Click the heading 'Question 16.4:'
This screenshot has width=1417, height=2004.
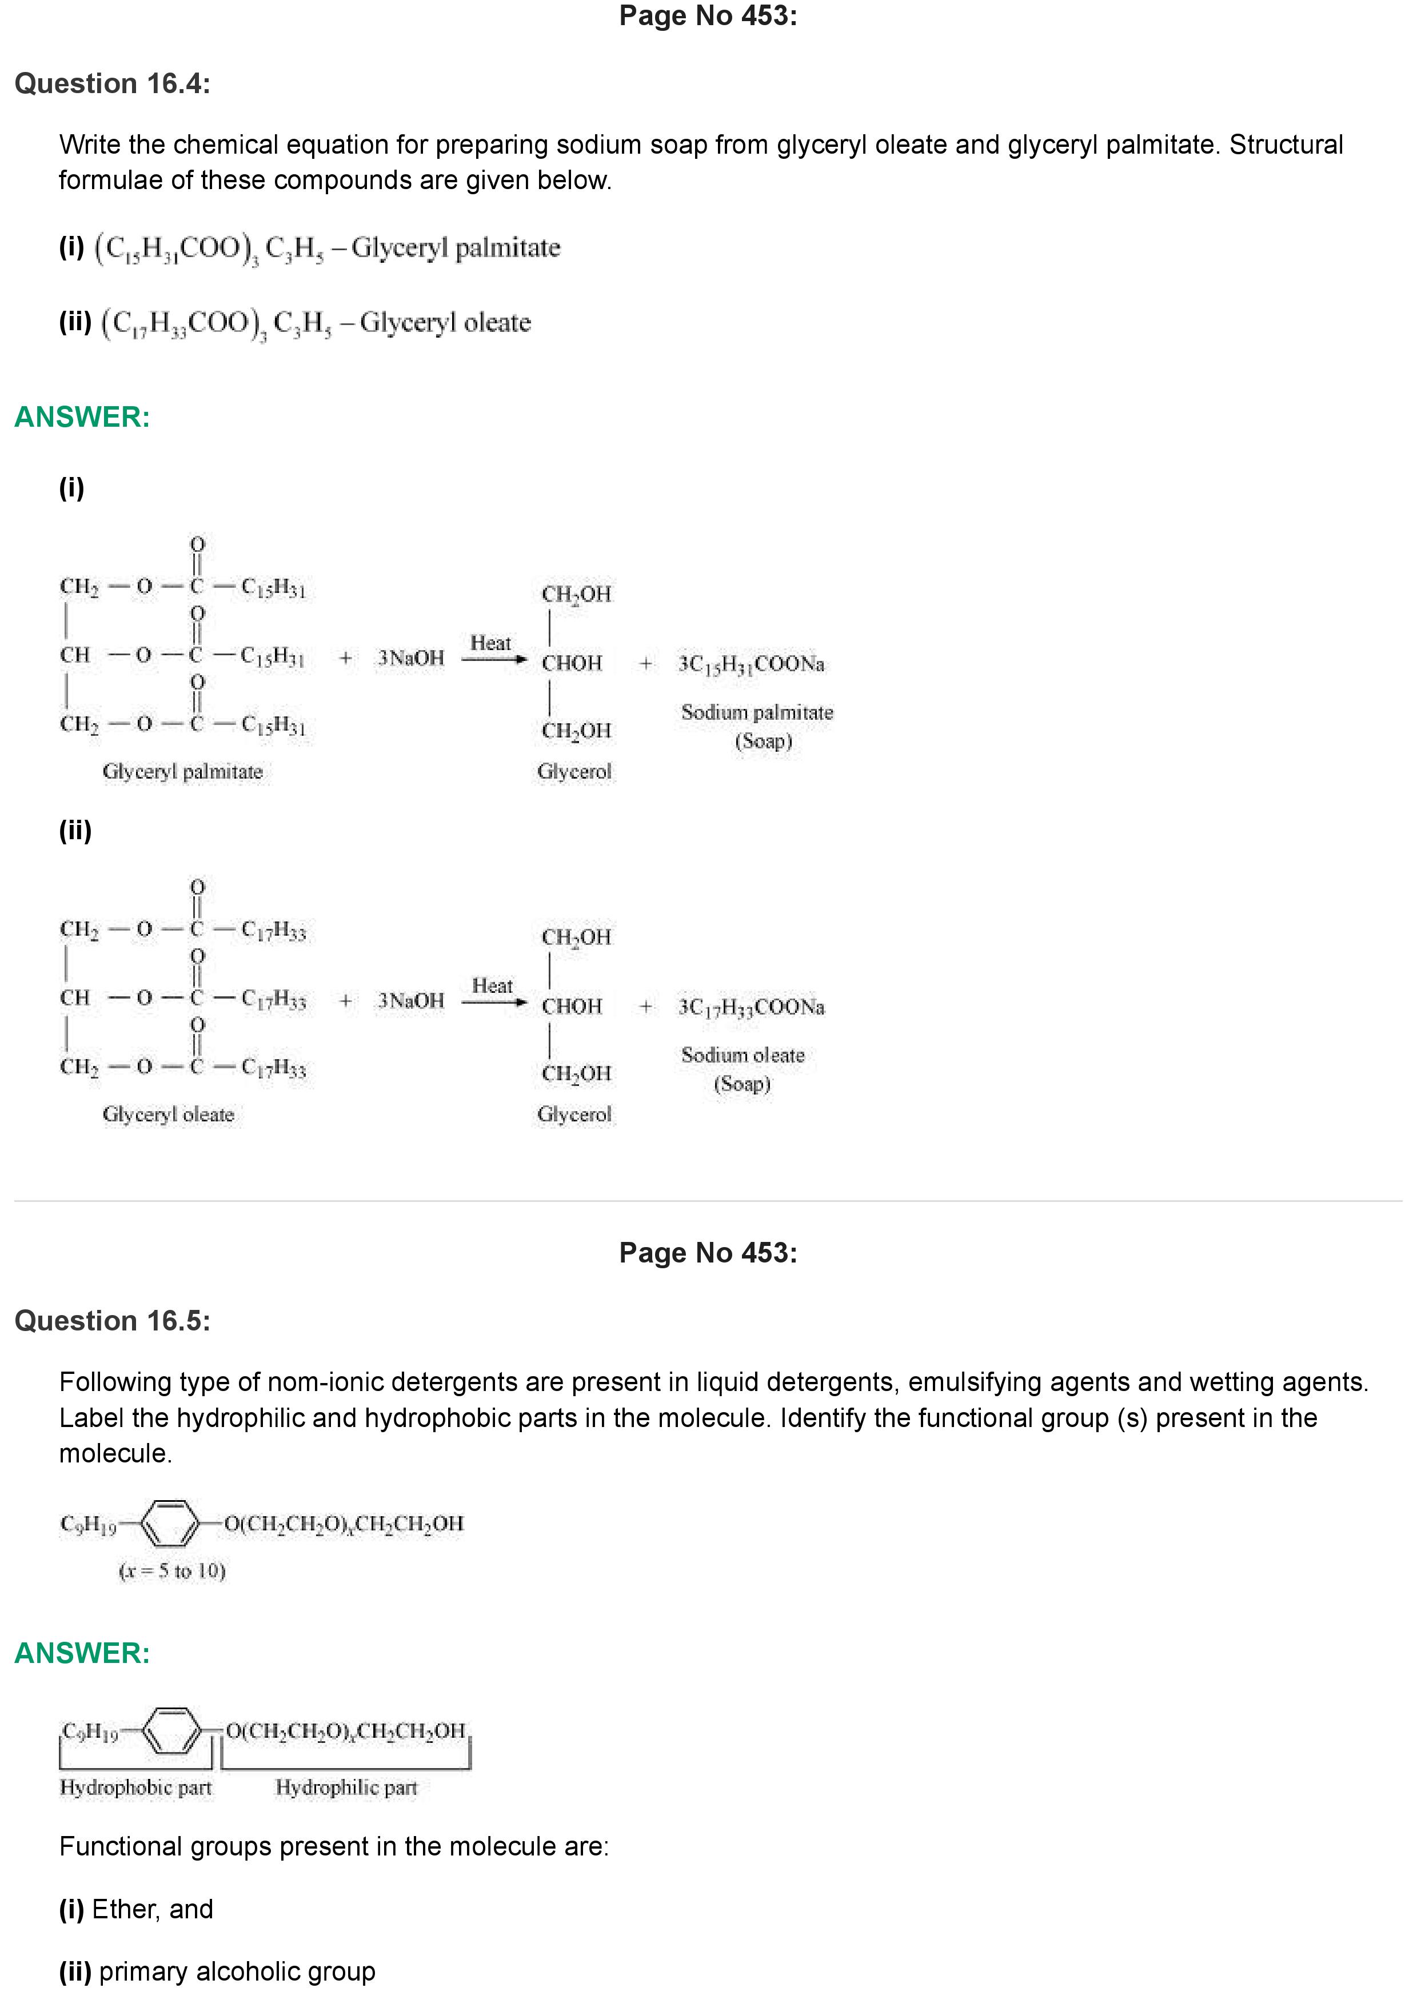pyautogui.click(x=113, y=84)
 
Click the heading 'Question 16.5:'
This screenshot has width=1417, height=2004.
pyautogui.click(x=113, y=1321)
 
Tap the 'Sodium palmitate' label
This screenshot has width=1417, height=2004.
pyautogui.click(x=757, y=712)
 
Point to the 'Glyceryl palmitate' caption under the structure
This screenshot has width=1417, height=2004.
pyautogui.click(x=182, y=772)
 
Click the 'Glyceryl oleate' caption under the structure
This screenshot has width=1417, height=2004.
pyautogui.click(x=169, y=1115)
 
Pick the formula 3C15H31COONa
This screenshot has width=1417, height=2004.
pyautogui.click(x=751, y=664)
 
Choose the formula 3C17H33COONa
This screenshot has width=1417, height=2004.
pyautogui.click(x=751, y=1007)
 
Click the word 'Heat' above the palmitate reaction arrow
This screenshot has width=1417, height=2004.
pyautogui.click(x=490, y=643)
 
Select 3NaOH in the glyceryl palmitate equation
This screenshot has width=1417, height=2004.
pyautogui.click(x=410, y=658)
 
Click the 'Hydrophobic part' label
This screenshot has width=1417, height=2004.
pyautogui.click(x=135, y=1787)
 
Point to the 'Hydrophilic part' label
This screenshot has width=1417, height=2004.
pyautogui.click(x=346, y=1787)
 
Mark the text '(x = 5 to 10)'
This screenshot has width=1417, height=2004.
pyautogui.click(x=172, y=1571)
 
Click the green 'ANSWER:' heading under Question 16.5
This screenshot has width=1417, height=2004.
pyautogui.click(x=82, y=1653)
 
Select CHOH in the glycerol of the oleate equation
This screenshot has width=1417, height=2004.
pyautogui.click(x=572, y=1007)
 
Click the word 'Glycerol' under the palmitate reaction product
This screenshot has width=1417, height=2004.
pyautogui.click(x=574, y=772)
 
